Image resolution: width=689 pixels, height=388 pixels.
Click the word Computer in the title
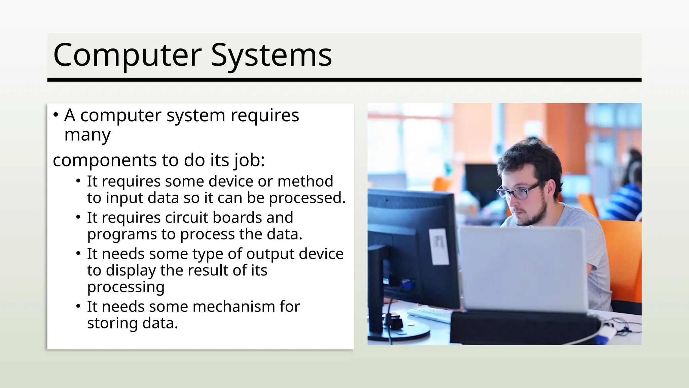127,55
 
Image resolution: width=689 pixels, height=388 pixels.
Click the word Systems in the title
271,55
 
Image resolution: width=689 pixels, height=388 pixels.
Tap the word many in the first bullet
87,135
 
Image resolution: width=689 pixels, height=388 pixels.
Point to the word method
305,182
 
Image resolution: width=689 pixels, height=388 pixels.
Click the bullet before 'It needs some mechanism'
78,306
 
